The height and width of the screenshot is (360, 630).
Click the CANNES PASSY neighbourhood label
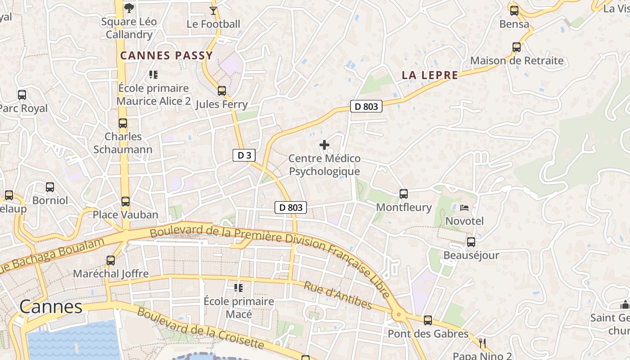coord(166,56)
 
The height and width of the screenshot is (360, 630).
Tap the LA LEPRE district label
coord(430,75)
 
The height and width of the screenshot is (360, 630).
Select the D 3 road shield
coord(244,156)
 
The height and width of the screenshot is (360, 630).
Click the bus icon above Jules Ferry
coord(221,91)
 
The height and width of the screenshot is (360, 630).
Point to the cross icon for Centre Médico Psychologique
coord(324,145)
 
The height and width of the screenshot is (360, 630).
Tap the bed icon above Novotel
coord(464,208)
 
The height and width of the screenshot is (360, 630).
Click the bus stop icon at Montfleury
coord(404,194)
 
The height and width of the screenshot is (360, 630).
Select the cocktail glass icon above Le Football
coord(213,10)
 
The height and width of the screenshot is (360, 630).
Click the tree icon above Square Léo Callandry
coord(129,8)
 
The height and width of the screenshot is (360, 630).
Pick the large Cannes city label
coord(51,307)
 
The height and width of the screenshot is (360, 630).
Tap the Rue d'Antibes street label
coord(338,296)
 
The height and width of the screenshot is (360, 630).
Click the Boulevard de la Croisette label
coord(200,328)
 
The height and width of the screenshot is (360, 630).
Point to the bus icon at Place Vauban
coord(125,201)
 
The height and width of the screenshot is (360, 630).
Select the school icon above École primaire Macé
coord(238,288)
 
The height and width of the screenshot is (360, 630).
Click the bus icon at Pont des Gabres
coord(428,320)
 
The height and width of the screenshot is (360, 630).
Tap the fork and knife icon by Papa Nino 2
coord(483,344)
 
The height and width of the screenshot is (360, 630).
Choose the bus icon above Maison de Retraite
coord(517,47)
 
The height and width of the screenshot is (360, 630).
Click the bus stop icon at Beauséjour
coord(471,242)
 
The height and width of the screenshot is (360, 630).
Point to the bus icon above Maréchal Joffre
coord(111,260)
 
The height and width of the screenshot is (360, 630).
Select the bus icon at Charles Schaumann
coord(123,123)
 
